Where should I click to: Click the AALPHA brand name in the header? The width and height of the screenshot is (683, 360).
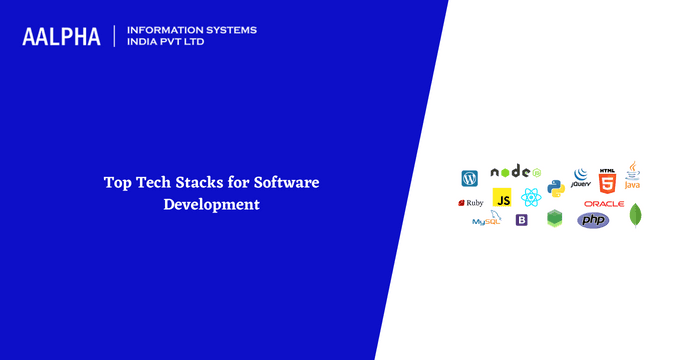(x=61, y=36)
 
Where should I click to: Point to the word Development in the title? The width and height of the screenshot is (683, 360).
(x=212, y=204)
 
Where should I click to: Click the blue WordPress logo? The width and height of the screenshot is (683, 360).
(x=469, y=178)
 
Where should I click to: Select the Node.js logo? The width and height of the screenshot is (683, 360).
(x=514, y=172)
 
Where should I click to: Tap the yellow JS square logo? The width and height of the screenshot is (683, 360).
(x=503, y=198)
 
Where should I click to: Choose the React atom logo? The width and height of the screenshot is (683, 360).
(x=530, y=198)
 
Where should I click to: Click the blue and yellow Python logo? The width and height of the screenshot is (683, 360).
(x=556, y=186)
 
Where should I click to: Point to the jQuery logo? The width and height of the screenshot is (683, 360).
(x=580, y=177)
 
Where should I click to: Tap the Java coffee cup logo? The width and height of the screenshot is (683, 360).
(x=632, y=177)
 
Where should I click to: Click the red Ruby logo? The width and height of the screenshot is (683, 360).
(x=471, y=202)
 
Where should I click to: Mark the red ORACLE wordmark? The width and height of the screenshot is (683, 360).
(x=603, y=204)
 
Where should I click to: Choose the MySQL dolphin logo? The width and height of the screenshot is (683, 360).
(x=487, y=219)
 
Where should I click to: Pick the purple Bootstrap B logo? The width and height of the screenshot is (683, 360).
(x=521, y=220)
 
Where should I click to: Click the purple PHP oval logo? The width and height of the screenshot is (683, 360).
(x=593, y=220)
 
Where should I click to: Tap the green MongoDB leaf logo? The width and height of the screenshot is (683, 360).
(x=635, y=215)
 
